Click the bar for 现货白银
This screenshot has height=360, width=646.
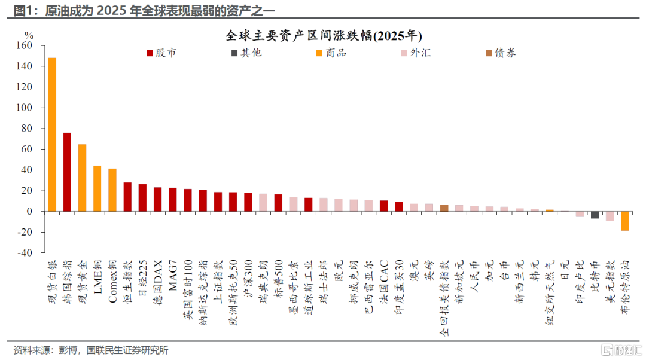(x=52, y=135)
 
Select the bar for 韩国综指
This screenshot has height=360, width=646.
(x=67, y=172)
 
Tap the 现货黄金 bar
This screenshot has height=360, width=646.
(x=83, y=178)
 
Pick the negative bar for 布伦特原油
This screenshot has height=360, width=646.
(x=625, y=221)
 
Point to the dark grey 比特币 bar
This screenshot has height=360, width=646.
(x=595, y=215)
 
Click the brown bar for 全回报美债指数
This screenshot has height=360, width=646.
(x=444, y=208)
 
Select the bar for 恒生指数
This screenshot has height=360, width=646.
(x=128, y=197)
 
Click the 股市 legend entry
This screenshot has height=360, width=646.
(x=161, y=53)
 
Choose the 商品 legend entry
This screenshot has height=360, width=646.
(x=331, y=53)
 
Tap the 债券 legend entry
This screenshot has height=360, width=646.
(x=501, y=53)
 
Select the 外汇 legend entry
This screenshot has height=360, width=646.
(x=416, y=53)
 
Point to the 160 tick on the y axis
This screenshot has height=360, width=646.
(x=24, y=45)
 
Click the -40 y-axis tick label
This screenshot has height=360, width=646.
(x=25, y=252)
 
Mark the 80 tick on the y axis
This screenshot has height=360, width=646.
(x=26, y=129)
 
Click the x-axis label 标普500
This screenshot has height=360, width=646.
(x=279, y=280)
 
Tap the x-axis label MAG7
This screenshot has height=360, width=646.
(x=173, y=275)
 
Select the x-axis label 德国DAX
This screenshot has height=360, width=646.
(x=158, y=282)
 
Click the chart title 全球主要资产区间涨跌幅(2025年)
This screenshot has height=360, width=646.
(x=324, y=36)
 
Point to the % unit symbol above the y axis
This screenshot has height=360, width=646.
(x=29, y=35)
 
